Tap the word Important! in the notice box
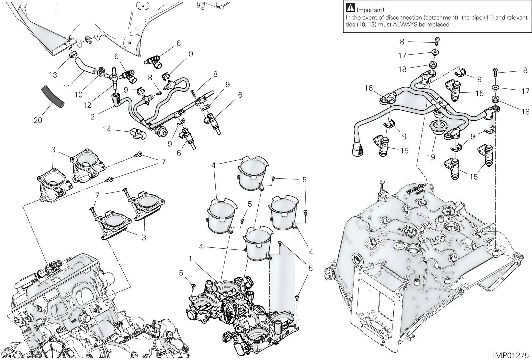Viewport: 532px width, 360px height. tap(370, 10)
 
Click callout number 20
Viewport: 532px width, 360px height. tap(38, 120)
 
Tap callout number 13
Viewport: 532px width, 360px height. tap(53, 75)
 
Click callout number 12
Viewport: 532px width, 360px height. tap(87, 105)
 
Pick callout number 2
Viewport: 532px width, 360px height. tap(93, 117)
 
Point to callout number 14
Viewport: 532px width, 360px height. tap(107, 129)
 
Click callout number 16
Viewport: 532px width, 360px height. tap(369, 88)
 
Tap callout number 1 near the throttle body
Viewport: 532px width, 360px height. tap(190, 259)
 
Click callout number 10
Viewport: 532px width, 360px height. tap(78, 95)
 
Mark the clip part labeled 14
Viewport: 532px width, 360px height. tap(138, 134)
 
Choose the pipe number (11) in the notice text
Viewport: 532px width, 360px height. tap(479, 18)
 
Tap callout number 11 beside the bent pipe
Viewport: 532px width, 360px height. tap(66, 88)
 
